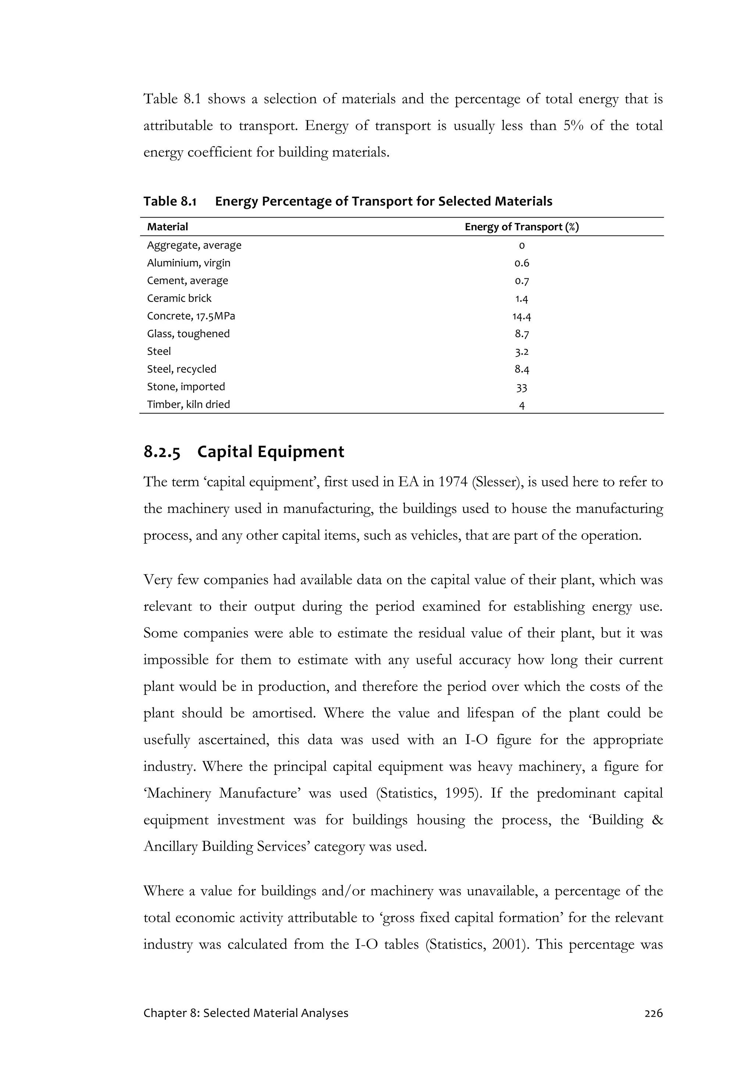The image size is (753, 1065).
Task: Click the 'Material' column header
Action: (168, 227)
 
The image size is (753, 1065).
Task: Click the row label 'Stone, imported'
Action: (186, 387)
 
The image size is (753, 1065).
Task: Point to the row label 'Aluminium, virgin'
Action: (188, 263)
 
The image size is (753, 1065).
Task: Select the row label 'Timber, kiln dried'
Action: (188, 404)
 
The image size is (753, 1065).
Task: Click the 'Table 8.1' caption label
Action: (170, 201)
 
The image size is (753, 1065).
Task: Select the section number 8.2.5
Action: (161, 452)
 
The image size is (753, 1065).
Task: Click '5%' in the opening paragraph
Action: (574, 126)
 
